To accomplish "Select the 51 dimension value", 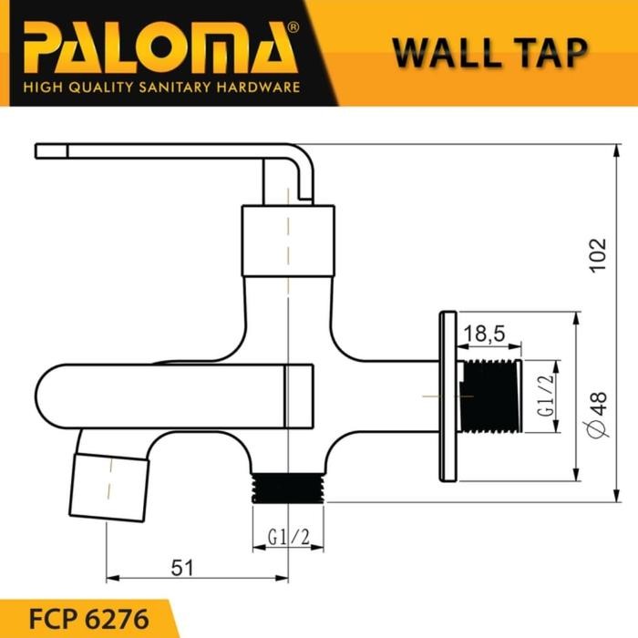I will (x=183, y=568).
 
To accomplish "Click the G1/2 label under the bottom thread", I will (x=289, y=539).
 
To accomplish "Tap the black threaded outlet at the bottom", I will (x=289, y=487).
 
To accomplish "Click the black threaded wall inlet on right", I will (x=492, y=396).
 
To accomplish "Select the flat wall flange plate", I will (x=448, y=395).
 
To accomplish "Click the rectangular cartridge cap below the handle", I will (x=288, y=239).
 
